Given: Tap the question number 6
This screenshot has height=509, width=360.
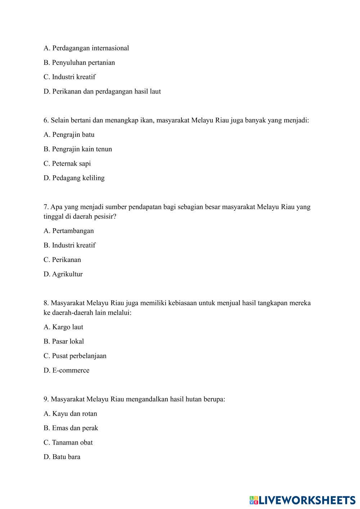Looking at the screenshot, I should (x=46, y=120).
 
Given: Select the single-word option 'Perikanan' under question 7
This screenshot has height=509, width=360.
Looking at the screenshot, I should (x=67, y=260).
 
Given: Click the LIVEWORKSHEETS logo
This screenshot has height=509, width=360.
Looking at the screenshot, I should (x=302, y=500).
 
